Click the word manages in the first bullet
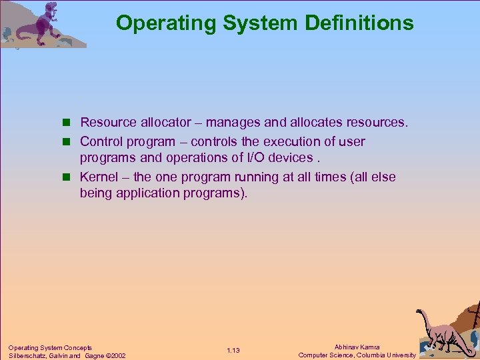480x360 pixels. (233, 123)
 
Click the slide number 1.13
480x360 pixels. (233, 351)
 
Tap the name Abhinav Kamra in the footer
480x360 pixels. (357, 347)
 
